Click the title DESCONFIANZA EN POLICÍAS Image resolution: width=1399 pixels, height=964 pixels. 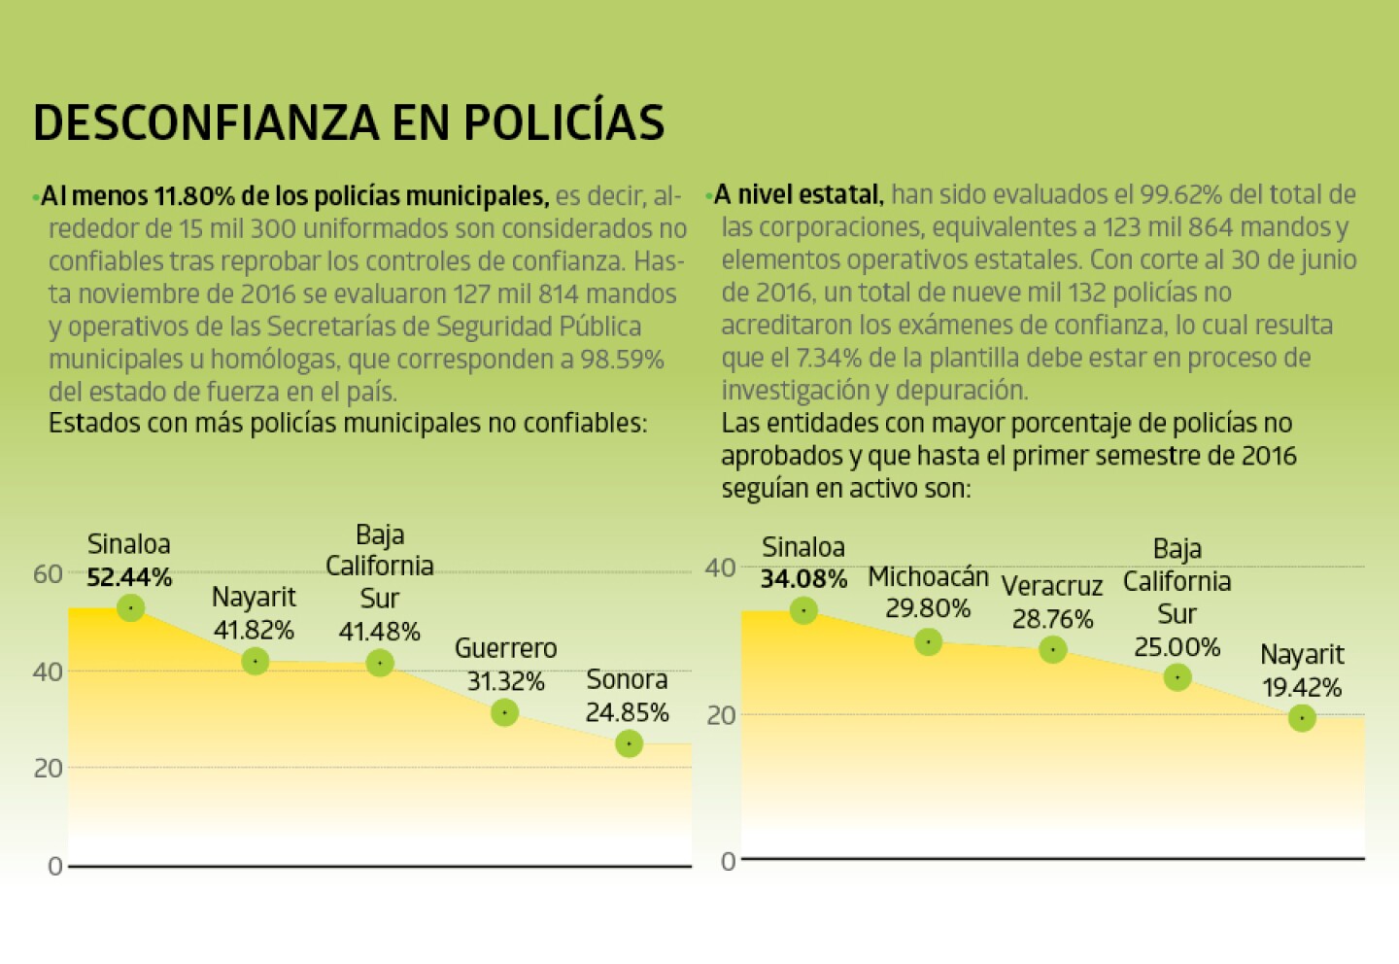tap(349, 122)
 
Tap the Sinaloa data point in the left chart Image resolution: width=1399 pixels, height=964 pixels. tap(130, 608)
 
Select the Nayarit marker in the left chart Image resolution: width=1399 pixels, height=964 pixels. tap(255, 661)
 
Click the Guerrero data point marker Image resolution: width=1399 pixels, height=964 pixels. tap(504, 713)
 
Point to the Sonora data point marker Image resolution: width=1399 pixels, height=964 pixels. tap(629, 743)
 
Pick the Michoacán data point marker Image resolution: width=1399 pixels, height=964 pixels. tap(928, 641)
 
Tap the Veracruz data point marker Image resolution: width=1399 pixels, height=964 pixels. tap(1052, 649)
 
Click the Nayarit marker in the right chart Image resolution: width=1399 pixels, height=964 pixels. tap(1302, 718)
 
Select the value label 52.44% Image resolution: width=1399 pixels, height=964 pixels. tap(129, 577)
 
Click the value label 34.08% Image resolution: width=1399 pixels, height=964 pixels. tap(803, 579)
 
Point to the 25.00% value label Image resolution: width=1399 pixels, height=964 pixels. tap(1177, 647)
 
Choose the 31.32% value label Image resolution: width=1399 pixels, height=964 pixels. tap(505, 682)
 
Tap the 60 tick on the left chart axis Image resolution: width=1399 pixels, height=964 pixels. tap(48, 574)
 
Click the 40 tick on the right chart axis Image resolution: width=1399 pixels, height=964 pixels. tap(721, 568)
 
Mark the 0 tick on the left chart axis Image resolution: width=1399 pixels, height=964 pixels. tap(54, 866)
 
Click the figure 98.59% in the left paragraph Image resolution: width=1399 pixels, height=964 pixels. tap(622, 360)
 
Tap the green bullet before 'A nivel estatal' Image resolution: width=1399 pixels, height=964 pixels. tap(708, 196)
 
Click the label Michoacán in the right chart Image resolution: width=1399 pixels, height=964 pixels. tap(928, 576)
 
